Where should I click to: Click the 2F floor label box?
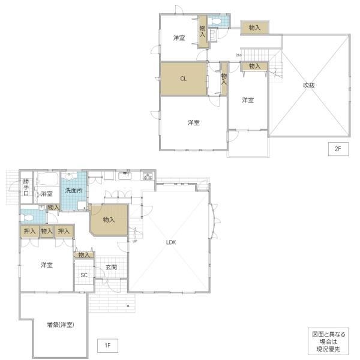[x=338, y=149]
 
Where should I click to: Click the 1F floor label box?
[x=107, y=346]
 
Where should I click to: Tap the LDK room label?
[x=171, y=242]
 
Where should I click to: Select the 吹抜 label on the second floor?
[x=309, y=85]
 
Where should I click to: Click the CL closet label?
[x=183, y=79]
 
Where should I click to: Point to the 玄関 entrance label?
[x=112, y=267]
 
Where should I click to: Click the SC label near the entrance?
[x=84, y=275]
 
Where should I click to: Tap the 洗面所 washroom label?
[x=74, y=190]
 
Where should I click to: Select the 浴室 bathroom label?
[x=47, y=194]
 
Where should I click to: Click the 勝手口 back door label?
[x=26, y=187]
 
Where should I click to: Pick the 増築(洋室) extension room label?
[x=61, y=325]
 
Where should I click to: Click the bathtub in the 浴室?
[x=47, y=179]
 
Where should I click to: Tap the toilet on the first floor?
[x=27, y=218]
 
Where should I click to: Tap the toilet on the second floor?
[x=215, y=22]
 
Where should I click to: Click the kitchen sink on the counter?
[x=125, y=176]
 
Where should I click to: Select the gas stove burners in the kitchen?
[x=148, y=176]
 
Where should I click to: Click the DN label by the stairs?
[x=238, y=55]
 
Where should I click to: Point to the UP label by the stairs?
[x=135, y=241]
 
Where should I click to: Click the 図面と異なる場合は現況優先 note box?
[x=328, y=341]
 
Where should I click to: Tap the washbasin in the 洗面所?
[x=69, y=176]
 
